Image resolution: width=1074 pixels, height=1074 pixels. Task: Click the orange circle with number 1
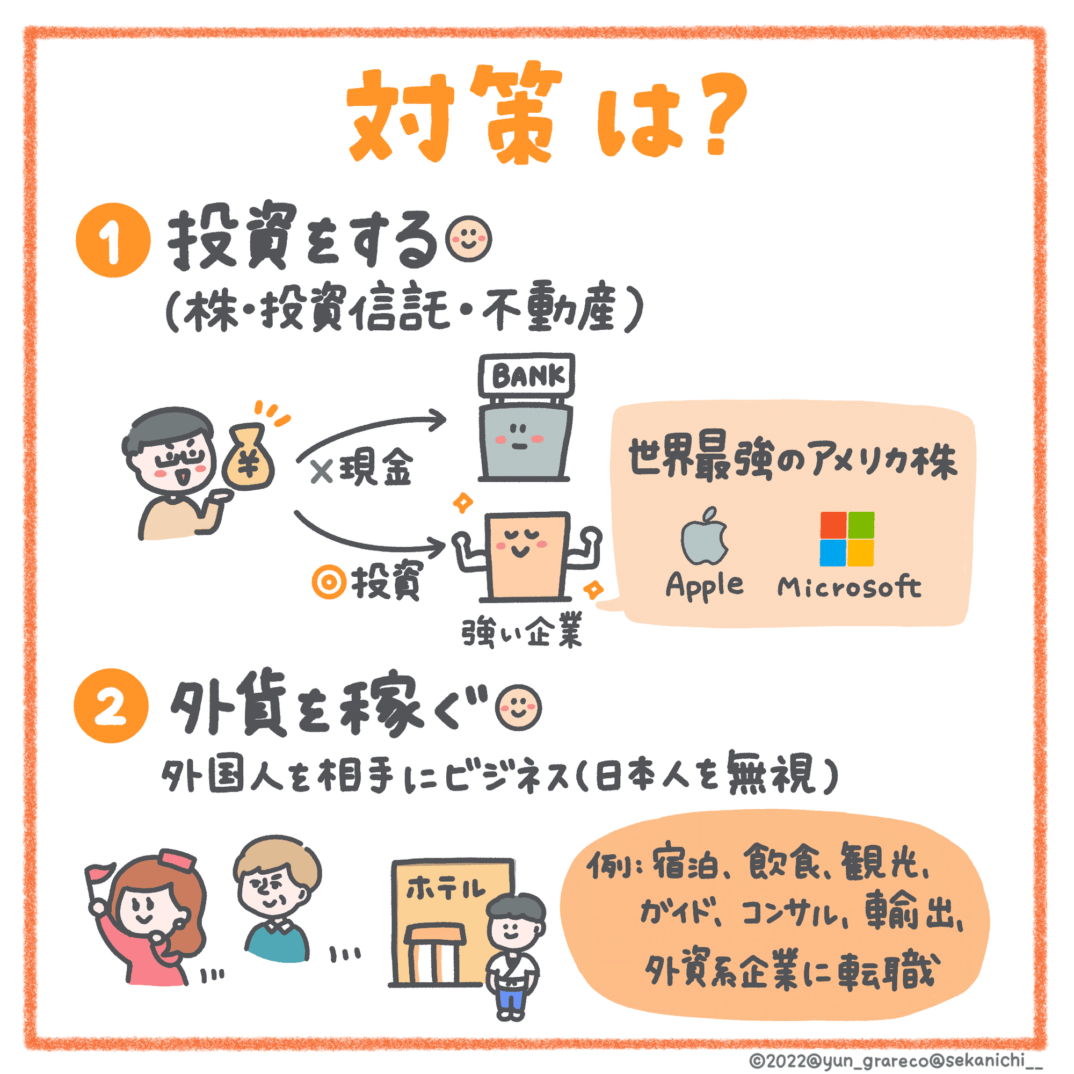(x=113, y=240)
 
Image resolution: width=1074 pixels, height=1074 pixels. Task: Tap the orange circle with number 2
(x=111, y=706)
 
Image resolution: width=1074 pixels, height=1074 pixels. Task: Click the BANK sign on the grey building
(x=526, y=376)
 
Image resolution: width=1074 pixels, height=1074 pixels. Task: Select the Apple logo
(x=705, y=536)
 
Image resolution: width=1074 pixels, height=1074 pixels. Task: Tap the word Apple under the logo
(x=705, y=586)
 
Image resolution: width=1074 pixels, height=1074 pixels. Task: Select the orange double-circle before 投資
(x=329, y=582)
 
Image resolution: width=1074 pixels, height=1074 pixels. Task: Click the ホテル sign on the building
(x=445, y=890)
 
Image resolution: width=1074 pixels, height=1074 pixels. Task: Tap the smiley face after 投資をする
(x=469, y=240)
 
